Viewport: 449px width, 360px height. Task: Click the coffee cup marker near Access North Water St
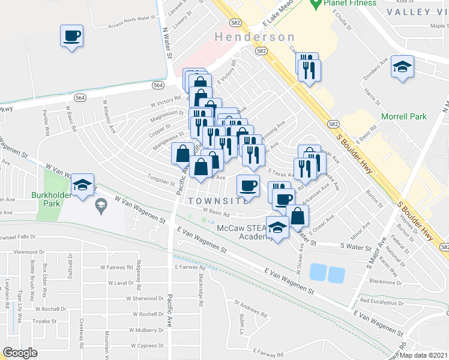(71, 36)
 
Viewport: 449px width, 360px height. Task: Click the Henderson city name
(255, 37)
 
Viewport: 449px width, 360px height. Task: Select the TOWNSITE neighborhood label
(218, 200)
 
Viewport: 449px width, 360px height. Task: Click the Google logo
(20, 353)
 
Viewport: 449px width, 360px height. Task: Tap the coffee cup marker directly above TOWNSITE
(248, 185)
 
